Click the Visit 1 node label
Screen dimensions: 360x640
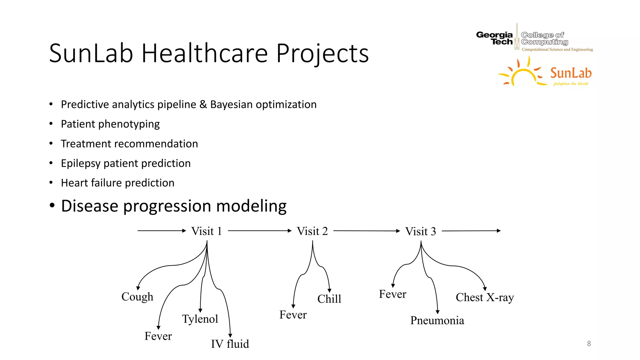point(206,231)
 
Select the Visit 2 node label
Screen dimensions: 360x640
point(312,231)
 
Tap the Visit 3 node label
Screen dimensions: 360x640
point(420,232)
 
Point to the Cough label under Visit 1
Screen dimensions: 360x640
point(137,297)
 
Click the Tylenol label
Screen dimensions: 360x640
point(200,319)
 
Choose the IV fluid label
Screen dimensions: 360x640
point(230,344)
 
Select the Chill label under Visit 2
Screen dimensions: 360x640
point(329,299)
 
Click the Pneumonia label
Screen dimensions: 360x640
point(437,321)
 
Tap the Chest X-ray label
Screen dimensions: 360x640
point(484,297)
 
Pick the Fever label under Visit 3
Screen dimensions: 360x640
point(392,294)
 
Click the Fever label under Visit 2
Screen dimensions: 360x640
point(293,315)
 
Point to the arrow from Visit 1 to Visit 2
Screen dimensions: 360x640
point(259,231)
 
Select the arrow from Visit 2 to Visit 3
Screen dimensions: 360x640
point(366,231)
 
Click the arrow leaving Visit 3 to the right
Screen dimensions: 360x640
point(471,231)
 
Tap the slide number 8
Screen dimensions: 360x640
point(589,344)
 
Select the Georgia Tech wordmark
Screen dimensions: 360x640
point(494,38)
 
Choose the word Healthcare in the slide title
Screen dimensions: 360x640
point(205,53)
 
